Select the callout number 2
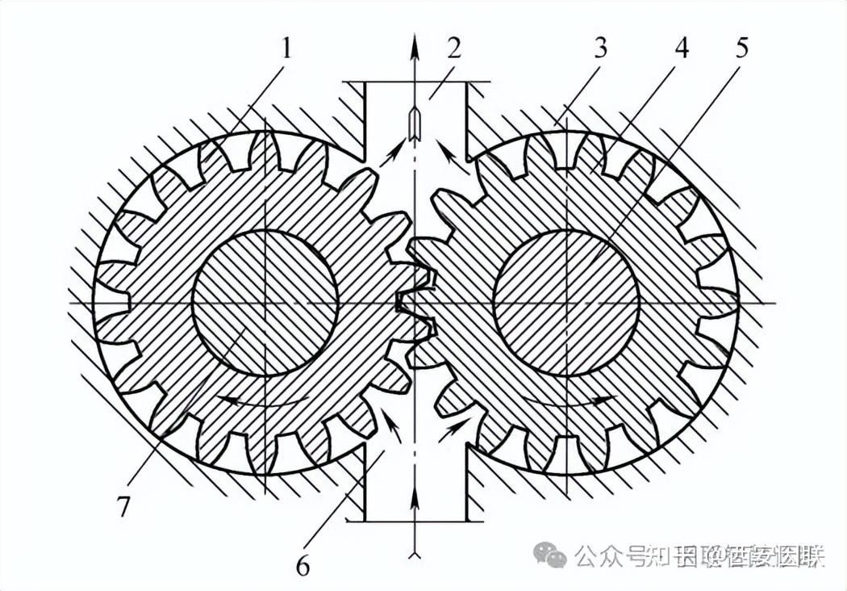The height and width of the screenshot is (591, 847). point(454,50)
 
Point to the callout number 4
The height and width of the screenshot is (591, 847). point(682,50)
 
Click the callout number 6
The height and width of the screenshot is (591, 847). point(302,566)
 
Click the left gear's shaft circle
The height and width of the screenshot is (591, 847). point(265,303)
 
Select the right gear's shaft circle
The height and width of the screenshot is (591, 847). point(566,303)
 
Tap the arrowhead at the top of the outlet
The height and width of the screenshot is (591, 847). point(415,44)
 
